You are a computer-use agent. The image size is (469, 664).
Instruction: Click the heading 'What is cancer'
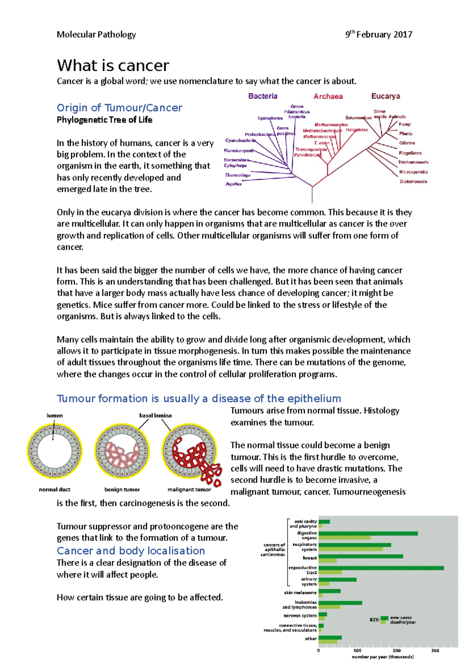tap(113, 66)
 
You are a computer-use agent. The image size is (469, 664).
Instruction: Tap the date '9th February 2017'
tap(378, 35)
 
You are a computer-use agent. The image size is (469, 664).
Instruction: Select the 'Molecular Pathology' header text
tap(96, 35)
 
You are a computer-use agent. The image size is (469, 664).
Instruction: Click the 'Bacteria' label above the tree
tap(263, 96)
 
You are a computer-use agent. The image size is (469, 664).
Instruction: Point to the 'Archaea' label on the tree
tap(328, 97)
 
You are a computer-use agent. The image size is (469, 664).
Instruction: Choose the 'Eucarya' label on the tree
tap(385, 96)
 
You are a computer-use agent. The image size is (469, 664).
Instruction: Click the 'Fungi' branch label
tap(405, 124)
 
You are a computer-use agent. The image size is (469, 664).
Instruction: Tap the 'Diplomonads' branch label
tap(413, 181)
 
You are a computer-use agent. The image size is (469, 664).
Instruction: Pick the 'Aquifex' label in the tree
tap(234, 184)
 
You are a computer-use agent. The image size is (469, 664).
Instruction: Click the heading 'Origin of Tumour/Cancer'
tap(119, 108)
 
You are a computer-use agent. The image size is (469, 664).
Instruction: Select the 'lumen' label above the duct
tap(55, 416)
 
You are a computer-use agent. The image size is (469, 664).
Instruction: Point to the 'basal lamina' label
tap(156, 416)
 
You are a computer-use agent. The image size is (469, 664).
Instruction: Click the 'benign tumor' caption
tap(122, 490)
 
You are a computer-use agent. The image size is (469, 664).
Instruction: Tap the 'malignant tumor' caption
tap(189, 490)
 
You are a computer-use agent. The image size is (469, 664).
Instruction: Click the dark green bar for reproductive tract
tap(381, 568)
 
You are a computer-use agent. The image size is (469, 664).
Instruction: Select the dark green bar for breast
tap(360, 556)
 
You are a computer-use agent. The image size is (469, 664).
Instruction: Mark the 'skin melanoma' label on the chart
tap(300, 592)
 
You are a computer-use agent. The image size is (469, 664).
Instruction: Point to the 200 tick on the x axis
tap(397, 651)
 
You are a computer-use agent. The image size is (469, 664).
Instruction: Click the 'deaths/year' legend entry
tap(403, 622)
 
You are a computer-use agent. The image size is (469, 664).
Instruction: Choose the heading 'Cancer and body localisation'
tap(131, 551)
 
